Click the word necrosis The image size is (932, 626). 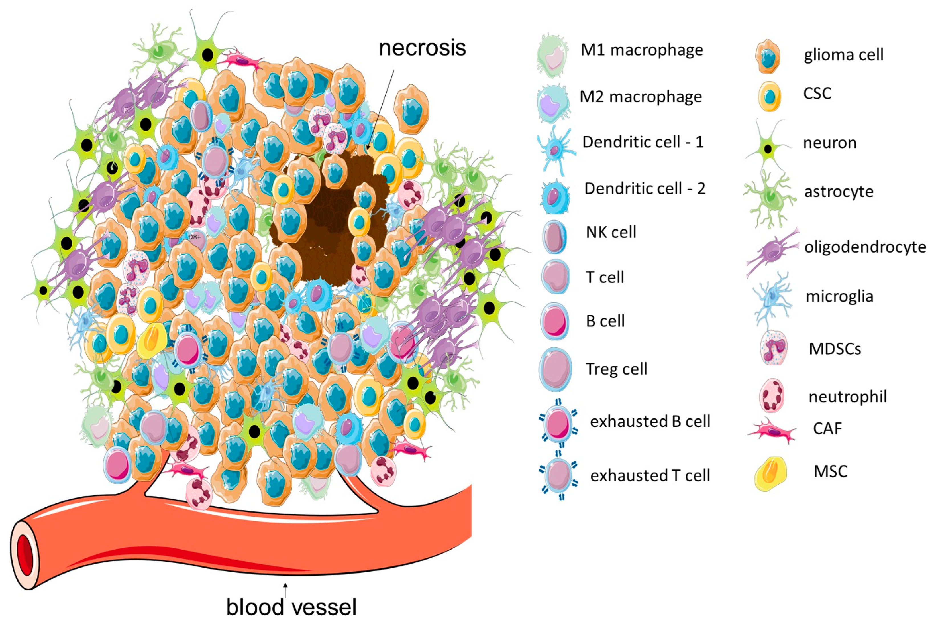click(422, 48)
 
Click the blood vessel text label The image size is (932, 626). click(291, 607)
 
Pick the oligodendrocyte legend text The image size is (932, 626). click(864, 247)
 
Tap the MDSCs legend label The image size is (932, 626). click(835, 349)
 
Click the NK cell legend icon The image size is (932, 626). click(554, 237)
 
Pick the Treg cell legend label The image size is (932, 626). click(616, 369)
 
